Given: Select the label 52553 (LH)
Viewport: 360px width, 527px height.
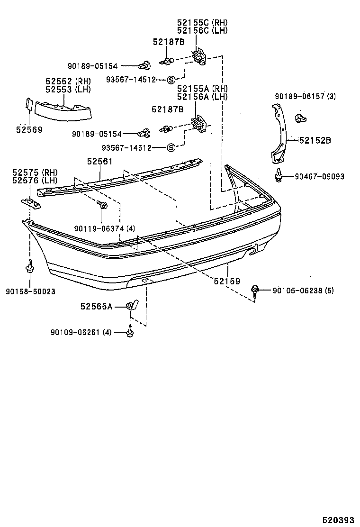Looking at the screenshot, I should click(68, 89).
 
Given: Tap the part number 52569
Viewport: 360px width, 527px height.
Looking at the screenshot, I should click(29, 129).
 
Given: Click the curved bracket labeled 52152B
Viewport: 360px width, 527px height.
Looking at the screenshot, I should click(279, 133).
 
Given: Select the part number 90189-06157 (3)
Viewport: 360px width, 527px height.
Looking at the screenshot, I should click(305, 96).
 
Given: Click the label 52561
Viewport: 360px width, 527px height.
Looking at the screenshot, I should click(99, 162).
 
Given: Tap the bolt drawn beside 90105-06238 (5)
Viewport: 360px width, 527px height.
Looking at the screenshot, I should click(255, 290).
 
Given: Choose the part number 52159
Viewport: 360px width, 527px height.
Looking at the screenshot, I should click(227, 281).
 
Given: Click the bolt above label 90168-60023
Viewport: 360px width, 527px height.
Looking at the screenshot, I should click(29, 266).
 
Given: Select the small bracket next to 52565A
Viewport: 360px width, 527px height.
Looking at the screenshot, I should click(132, 305).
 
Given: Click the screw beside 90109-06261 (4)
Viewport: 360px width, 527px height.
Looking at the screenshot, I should click(129, 333).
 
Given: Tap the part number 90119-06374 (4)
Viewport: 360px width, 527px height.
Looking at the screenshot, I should click(104, 228).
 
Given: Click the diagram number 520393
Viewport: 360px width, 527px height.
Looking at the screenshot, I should click(339, 520).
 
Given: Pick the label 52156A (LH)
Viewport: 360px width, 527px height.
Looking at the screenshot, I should click(202, 97).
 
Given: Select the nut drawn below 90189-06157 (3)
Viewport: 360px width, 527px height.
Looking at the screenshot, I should click(299, 117).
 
